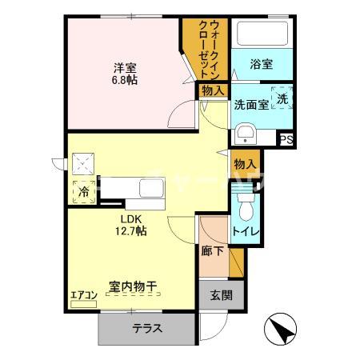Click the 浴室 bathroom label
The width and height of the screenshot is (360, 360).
(x=261, y=65)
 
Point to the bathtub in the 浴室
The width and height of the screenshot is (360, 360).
(x=261, y=34)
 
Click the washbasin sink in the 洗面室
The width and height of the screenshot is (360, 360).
(x=245, y=133)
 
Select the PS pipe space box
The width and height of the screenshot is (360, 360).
(x=286, y=139)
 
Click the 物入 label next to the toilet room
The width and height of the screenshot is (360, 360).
(x=245, y=164)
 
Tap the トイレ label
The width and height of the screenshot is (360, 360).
(x=246, y=233)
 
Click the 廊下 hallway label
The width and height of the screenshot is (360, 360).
(x=212, y=250)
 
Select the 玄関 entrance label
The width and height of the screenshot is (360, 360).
(x=222, y=294)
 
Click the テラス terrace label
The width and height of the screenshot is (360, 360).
(x=147, y=327)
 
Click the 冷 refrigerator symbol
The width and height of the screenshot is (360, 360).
(x=84, y=192)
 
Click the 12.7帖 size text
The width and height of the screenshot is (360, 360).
(x=131, y=230)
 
